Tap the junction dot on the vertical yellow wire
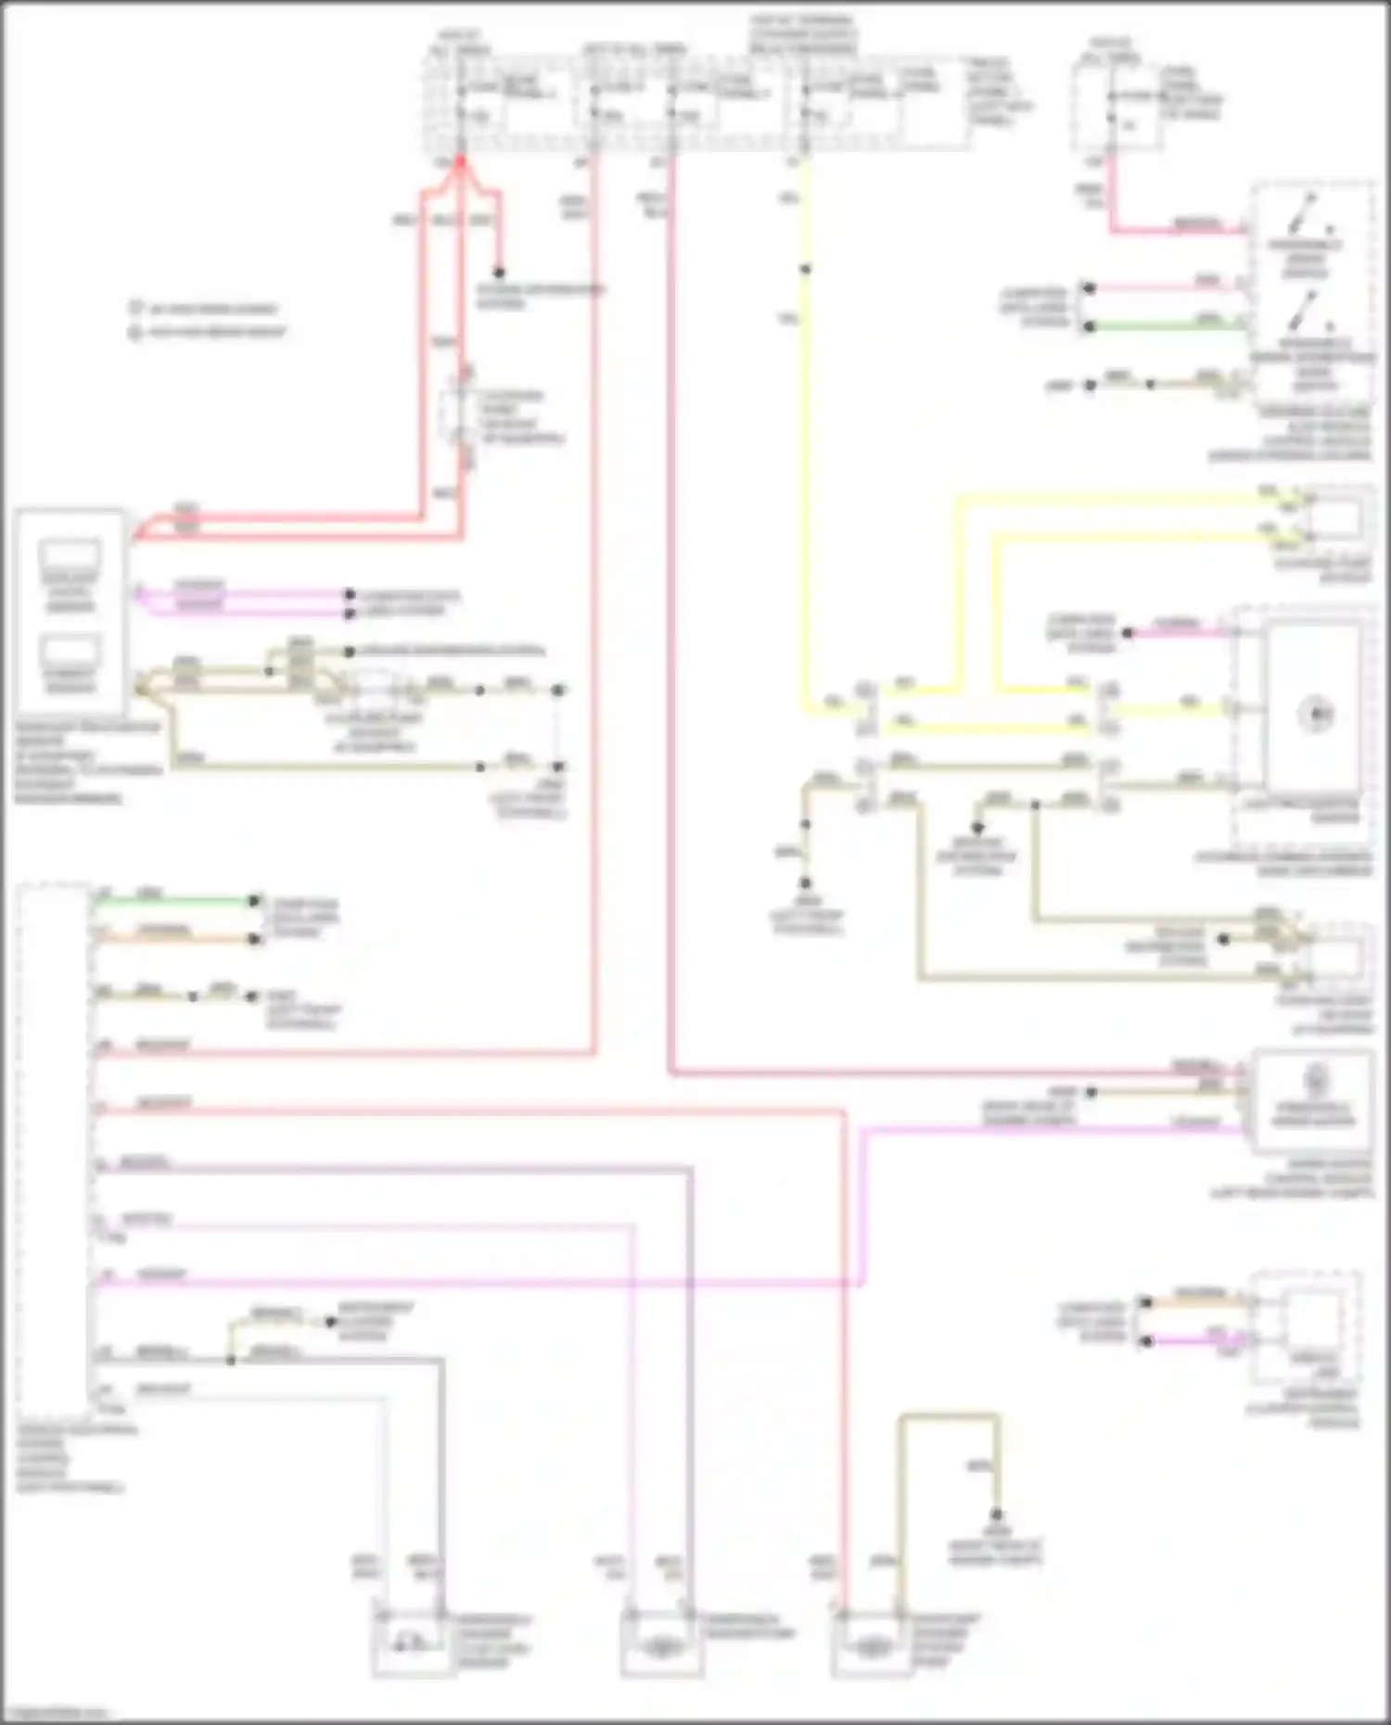pos(805,270)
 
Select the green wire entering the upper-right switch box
pos(1168,325)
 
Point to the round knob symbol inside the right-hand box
pos(1317,714)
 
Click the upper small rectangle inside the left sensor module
pos(70,556)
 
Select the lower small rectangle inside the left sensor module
pos(70,650)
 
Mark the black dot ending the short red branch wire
pos(499,273)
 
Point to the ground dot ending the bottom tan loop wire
pos(998,1516)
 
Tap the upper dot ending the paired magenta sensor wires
pos(350,594)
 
